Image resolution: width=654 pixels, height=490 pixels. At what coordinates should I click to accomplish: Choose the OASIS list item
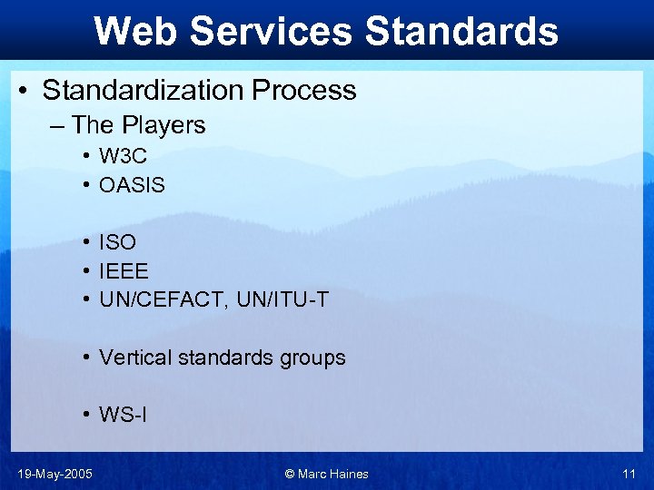click(x=133, y=185)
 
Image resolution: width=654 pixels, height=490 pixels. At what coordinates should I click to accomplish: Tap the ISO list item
click(x=118, y=242)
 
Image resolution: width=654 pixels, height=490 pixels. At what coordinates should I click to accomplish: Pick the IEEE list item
click(x=124, y=270)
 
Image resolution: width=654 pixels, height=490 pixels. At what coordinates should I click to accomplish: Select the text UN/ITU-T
click(x=283, y=299)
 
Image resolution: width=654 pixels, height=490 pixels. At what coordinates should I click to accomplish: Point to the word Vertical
click(x=134, y=358)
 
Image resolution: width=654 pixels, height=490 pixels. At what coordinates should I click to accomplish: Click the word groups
click(x=314, y=358)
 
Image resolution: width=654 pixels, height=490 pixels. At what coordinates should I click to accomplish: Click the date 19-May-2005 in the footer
click(x=54, y=474)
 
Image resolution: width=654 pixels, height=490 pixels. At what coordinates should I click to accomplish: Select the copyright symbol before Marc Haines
click(x=290, y=474)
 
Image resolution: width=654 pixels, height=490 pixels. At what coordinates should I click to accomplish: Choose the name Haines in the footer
click(x=349, y=474)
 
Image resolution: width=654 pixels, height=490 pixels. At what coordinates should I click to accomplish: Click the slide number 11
click(x=629, y=474)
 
